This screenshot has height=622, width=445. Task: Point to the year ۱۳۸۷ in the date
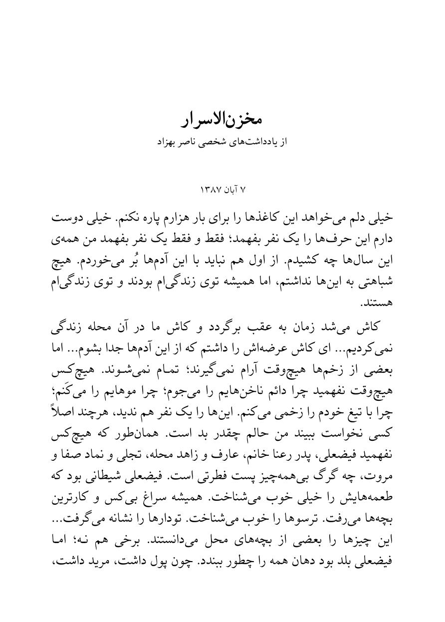(209, 190)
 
